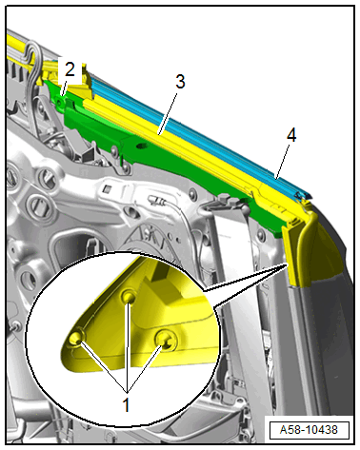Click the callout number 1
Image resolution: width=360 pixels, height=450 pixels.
[127, 405]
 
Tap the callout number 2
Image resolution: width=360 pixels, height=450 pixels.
[70, 69]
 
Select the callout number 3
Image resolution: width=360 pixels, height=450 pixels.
[180, 82]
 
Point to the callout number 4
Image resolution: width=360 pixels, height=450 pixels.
[291, 135]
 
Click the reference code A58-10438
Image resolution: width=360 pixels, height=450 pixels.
[309, 430]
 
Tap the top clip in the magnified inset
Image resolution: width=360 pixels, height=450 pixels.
[129, 297]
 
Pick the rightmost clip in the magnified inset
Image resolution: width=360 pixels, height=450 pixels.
[165, 341]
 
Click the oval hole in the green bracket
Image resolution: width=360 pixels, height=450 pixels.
[141, 146]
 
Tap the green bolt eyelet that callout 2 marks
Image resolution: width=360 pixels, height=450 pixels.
[60, 102]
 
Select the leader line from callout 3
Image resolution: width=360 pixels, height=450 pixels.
[168, 112]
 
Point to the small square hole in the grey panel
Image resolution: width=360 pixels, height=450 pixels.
[107, 189]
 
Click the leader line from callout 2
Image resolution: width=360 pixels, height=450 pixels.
[64, 88]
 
